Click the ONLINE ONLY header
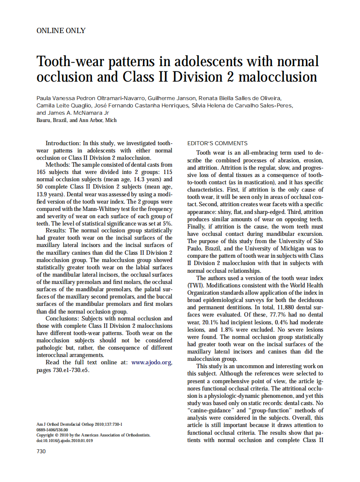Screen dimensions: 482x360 pos(61,31)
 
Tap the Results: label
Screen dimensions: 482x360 pos(57,230)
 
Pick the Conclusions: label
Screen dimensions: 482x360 pos(63,319)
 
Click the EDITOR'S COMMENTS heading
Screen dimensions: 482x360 pos(217,143)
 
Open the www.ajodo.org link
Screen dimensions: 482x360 pos(152,362)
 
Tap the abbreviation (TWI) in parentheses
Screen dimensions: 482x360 pos(195,285)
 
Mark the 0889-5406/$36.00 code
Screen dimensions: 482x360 pos(52,429)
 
